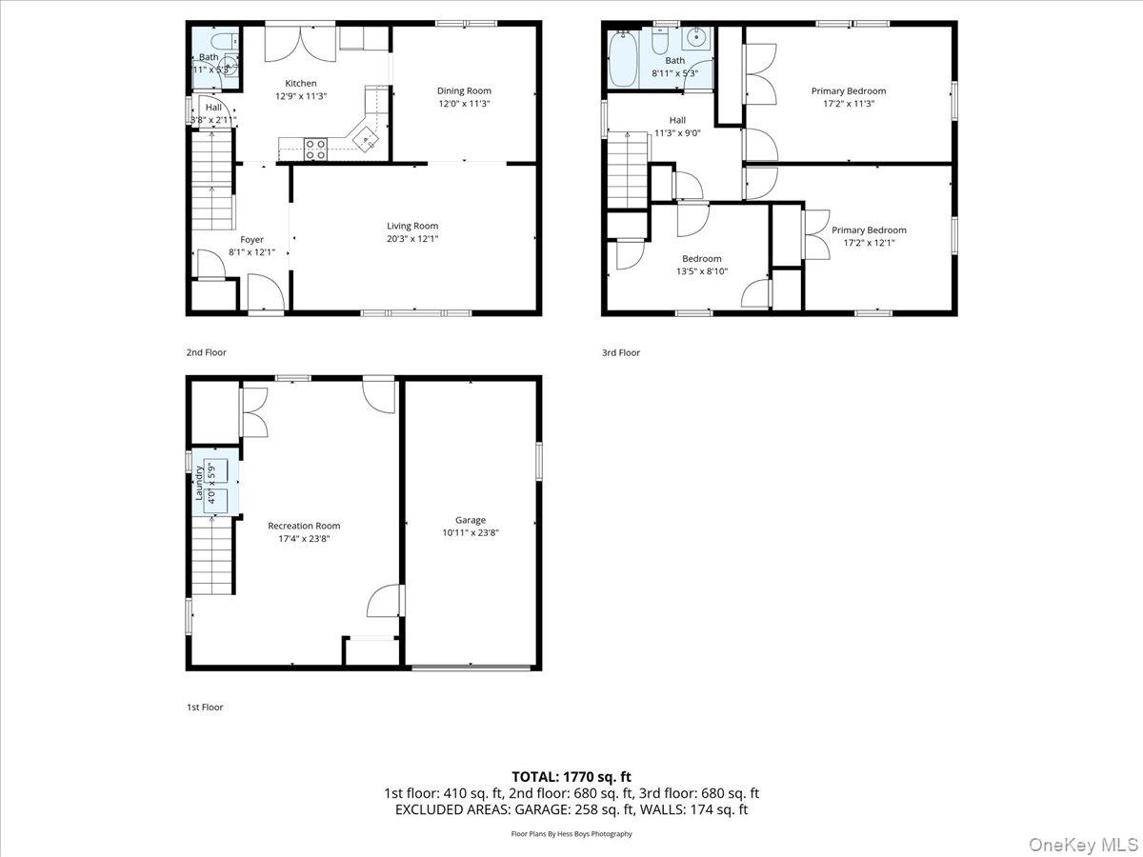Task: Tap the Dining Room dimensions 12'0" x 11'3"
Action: point(465,104)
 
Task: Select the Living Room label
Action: point(412,226)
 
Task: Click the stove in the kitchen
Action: point(315,148)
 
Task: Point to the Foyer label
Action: point(251,240)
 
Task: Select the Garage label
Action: point(471,520)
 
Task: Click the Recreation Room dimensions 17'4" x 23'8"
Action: point(304,539)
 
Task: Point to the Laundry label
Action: point(199,483)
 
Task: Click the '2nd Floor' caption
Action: point(206,352)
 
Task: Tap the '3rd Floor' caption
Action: point(621,352)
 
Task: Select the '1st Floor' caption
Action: point(205,708)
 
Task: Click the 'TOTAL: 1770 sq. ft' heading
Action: point(571,777)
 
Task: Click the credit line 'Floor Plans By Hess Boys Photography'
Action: point(571,834)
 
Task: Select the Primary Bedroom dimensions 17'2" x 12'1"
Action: point(869,243)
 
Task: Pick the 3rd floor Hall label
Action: point(677,120)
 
